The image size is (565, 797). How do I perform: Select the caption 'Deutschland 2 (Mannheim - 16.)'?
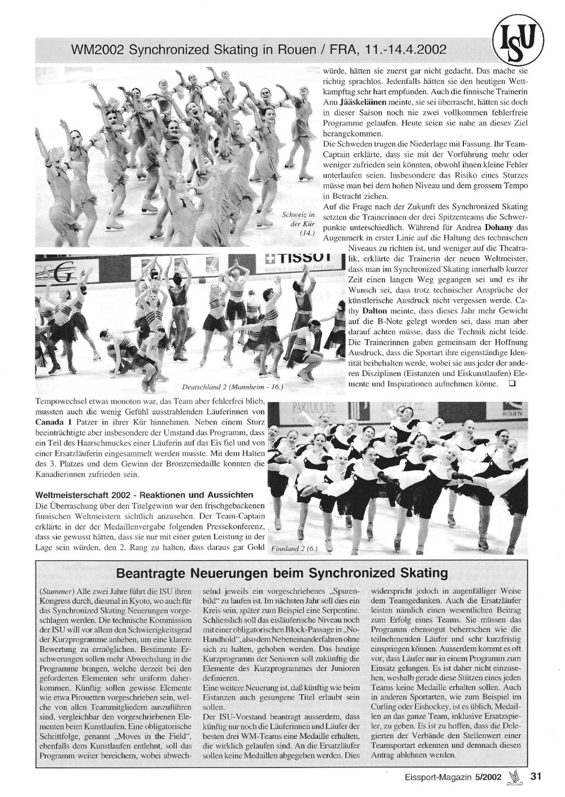[232, 387]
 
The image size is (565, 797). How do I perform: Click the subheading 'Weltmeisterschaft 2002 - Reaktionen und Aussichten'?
[144, 495]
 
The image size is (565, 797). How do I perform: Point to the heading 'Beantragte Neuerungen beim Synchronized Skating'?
[281, 573]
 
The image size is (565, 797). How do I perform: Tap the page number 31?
[536, 776]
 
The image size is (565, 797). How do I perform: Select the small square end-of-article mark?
[511, 384]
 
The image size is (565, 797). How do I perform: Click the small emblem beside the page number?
[515, 777]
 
